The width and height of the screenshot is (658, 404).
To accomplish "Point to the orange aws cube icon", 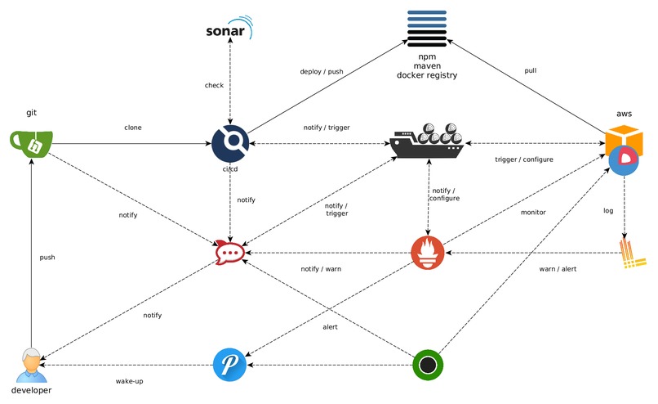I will (x=624, y=137).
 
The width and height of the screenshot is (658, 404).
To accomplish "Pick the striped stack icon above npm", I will (x=426, y=29).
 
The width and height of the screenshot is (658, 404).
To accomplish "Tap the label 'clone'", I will (x=133, y=128).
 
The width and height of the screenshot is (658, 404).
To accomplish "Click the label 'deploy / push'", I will (x=321, y=71).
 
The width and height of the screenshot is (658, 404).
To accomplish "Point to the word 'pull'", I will (x=530, y=71).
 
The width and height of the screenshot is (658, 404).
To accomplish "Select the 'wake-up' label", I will (x=130, y=380).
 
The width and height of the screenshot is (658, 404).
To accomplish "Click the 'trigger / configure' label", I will (x=524, y=159).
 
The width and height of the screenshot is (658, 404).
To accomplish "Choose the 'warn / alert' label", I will (x=558, y=268).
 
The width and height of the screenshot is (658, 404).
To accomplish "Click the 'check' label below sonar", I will (x=213, y=85).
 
